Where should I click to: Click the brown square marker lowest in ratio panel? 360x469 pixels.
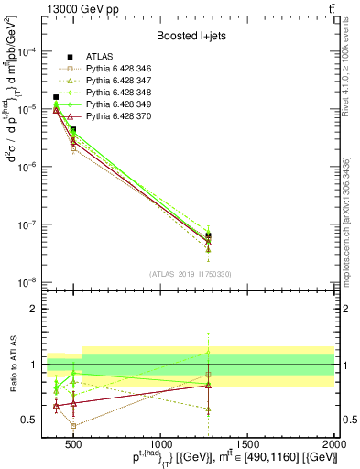coord(73,426)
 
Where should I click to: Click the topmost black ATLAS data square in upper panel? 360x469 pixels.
coord(56,97)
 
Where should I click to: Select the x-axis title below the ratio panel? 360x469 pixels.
coord(235,457)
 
